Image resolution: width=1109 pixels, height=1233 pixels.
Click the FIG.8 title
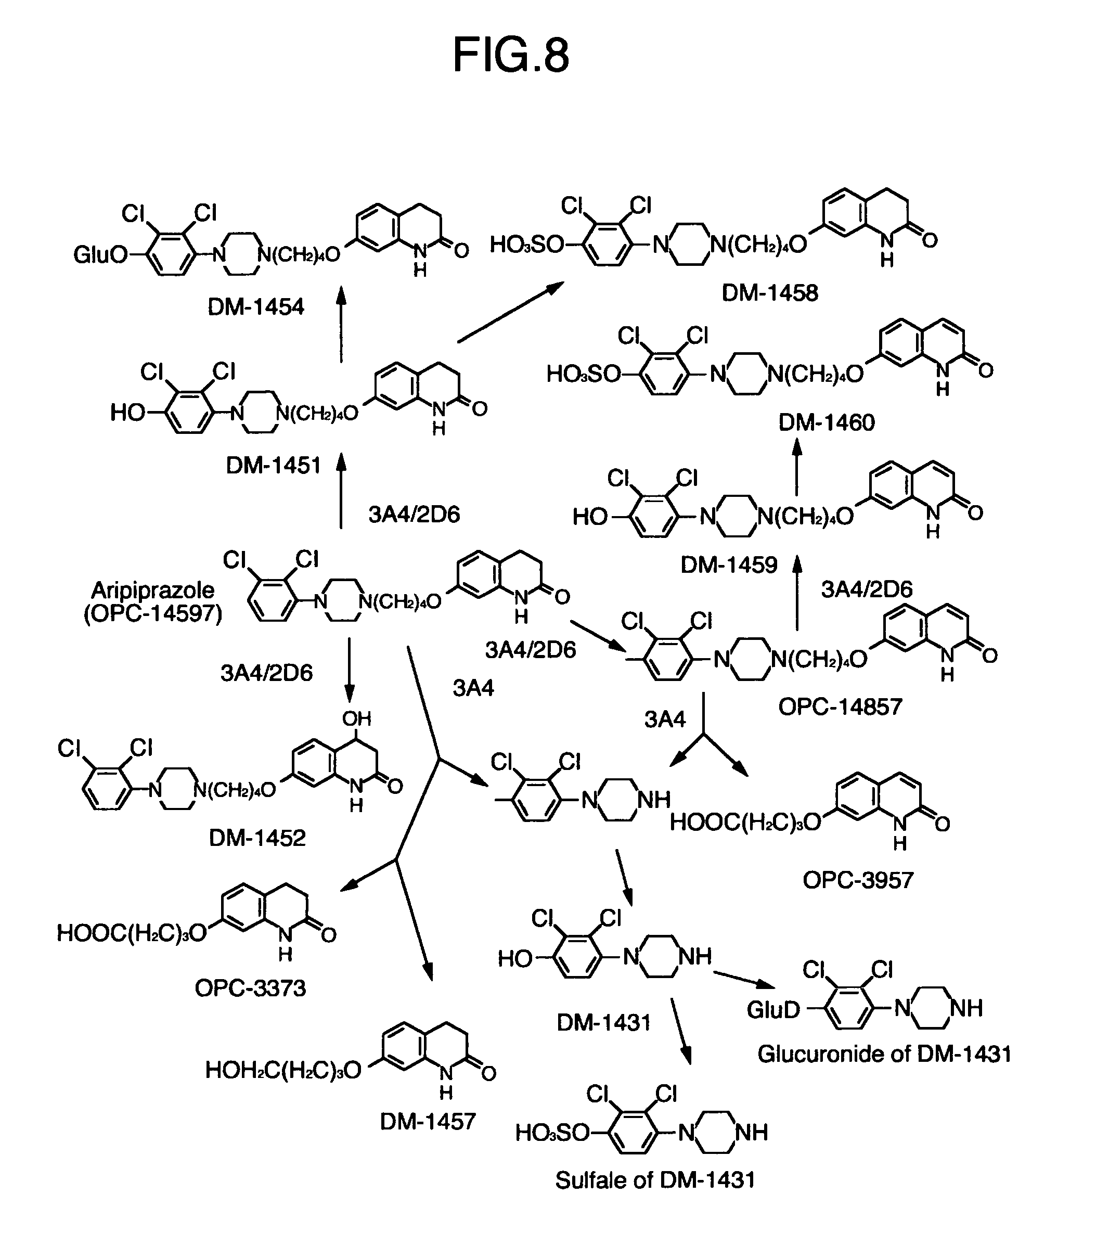pyautogui.click(x=511, y=55)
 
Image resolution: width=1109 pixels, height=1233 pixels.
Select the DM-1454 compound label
pyautogui.click(x=255, y=306)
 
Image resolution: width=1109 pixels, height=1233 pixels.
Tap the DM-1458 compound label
pyautogui.click(x=770, y=293)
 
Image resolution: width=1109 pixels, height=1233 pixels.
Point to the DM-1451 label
pyautogui.click(x=273, y=466)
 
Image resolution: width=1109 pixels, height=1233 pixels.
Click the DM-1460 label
pyautogui.click(x=826, y=422)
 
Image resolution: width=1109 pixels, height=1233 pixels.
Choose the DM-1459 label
pyautogui.click(x=729, y=565)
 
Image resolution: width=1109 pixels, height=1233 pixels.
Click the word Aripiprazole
pyautogui.click(x=152, y=590)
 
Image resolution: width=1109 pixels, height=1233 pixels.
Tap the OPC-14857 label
pyautogui.click(x=840, y=707)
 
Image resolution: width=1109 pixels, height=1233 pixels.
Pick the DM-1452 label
pyautogui.click(x=257, y=838)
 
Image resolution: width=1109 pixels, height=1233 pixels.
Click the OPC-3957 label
pyautogui.click(x=858, y=880)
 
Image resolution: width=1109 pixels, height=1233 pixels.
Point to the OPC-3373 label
pyautogui.click(x=250, y=988)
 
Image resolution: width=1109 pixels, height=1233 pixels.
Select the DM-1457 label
pyautogui.click(x=428, y=1122)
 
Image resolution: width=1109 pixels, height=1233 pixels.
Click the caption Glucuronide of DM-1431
pyautogui.click(x=884, y=1054)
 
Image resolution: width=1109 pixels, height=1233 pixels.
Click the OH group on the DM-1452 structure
pyautogui.click(x=356, y=718)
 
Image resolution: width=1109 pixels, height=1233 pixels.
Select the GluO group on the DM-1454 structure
pyautogui.click(x=100, y=254)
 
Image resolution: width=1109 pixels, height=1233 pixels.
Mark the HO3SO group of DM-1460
pyautogui.click(x=583, y=374)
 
